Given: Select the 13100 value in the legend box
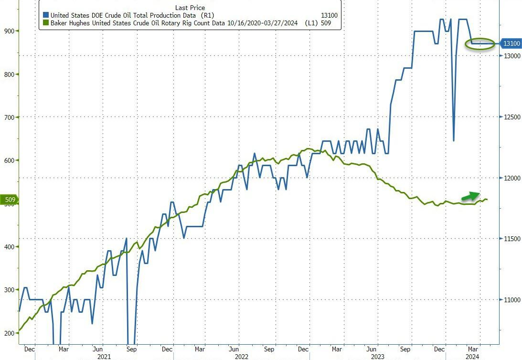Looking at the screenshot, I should (330, 16).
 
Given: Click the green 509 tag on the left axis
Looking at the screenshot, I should (10, 200).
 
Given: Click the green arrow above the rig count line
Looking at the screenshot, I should (471, 196).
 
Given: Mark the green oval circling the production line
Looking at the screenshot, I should (480, 43).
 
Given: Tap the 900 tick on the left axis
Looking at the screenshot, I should (8, 31).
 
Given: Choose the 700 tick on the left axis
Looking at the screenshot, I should (8, 117).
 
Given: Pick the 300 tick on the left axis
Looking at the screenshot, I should (8, 290).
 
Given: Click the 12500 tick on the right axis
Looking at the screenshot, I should (510, 117).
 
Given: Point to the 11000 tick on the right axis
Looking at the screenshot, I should (510, 300).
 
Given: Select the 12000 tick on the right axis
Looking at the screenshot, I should (510, 178).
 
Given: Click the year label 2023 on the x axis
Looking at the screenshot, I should (377, 356).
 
